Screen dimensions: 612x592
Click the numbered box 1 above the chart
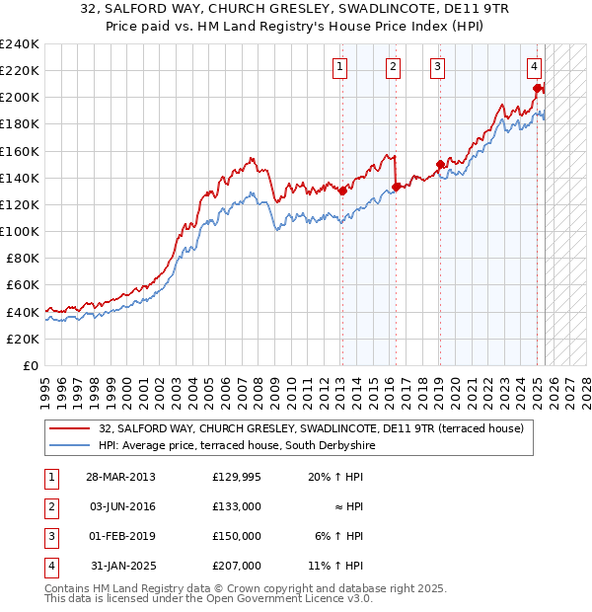pos(340,67)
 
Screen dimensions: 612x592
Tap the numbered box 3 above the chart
pos(437,67)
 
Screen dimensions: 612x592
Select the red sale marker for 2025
pos(537,88)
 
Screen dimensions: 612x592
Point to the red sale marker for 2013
pos(342,191)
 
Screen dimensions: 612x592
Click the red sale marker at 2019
pos(440,165)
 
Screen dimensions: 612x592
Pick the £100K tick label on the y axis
pos(20,231)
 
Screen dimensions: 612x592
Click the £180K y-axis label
pos(20,124)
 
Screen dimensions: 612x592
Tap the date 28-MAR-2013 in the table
pos(121,477)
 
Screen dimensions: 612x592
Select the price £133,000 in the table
pos(237,506)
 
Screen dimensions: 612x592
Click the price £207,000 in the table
pos(237,566)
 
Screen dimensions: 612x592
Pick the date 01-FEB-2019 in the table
pos(121,536)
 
